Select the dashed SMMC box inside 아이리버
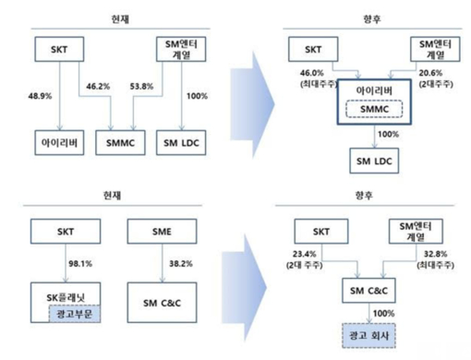tap(372, 111)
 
